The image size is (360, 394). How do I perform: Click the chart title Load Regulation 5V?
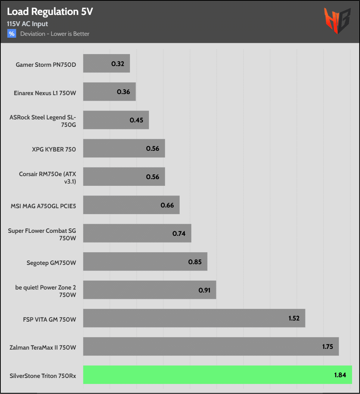click(50, 12)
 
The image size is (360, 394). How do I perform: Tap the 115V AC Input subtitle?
click(28, 24)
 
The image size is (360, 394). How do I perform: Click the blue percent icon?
click(12, 34)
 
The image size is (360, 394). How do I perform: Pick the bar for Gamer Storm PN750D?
click(106, 63)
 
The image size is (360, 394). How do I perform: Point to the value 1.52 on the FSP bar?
click(294, 318)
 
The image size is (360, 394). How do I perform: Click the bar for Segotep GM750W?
click(145, 262)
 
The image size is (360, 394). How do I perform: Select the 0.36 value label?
click(123, 92)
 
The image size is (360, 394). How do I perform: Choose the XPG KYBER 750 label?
click(54, 150)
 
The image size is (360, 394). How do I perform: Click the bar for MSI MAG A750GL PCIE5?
click(131, 205)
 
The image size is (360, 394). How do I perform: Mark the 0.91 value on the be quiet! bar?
click(205, 290)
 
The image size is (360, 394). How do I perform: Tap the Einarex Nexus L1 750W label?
click(45, 93)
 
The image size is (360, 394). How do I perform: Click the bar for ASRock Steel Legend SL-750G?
click(116, 120)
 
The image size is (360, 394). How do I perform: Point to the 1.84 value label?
click(341, 375)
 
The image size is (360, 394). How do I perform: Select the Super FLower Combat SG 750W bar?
click(137, 233)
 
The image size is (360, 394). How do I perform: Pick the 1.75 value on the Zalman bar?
click(328, 347)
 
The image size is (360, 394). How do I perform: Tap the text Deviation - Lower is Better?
click(55, 34)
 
